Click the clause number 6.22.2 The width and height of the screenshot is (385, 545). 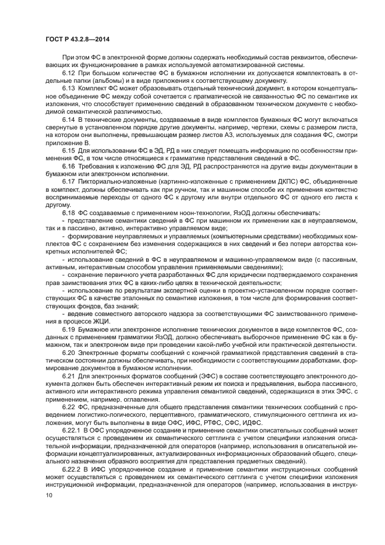click(73, 469)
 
